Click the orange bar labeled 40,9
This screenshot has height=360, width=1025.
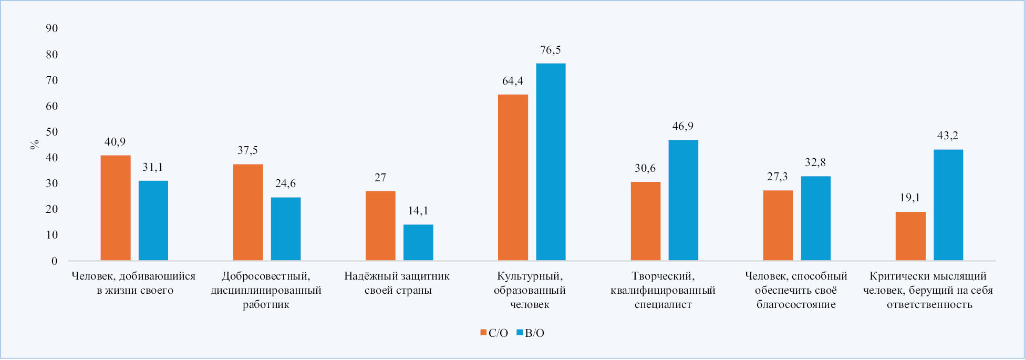pos(115,208)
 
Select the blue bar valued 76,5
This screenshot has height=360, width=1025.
pos(551,162)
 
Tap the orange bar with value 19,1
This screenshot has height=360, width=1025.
pos(910,236)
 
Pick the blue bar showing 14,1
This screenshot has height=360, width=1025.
pos(418,242)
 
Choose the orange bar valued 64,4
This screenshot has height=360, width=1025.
pos(513,177)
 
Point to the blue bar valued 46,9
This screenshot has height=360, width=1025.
pos(683,200)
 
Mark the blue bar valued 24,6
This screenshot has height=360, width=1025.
pos(286,229)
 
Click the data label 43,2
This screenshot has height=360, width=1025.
pos(948,136)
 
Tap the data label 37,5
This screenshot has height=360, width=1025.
pos(247,150)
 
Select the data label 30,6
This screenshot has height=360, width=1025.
pos(645,168)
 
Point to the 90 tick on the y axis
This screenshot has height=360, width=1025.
pos(51,28)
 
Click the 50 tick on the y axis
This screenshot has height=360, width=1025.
pos(51,132)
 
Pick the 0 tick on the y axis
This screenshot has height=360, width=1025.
pos(54,261)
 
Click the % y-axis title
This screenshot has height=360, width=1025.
pos(35,145)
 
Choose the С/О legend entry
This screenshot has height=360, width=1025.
pos(494,333)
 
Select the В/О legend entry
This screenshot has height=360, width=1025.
pos(530,333)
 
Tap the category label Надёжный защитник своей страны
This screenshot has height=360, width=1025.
pos(397,283)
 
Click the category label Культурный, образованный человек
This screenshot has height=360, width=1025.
pos(530,290)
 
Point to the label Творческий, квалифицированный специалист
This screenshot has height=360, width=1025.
pos(662,290)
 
